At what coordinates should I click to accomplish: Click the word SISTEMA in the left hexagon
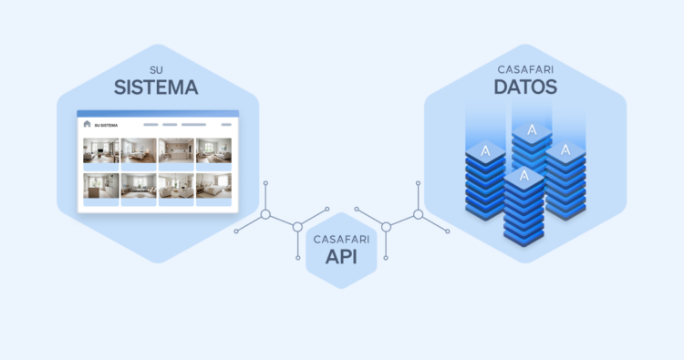click(156, 88)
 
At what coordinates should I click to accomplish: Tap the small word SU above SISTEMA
click(156, 69)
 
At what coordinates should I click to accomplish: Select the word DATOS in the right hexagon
click(526, 87)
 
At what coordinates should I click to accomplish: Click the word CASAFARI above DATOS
click(526, 69)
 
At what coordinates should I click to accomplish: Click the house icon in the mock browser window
click(88, 124)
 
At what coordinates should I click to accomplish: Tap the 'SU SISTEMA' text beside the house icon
click(107, 125)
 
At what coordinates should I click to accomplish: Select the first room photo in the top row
click(100, 150)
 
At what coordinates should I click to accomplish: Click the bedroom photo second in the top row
click(139, 150)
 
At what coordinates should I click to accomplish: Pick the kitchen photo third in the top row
click(176, 150)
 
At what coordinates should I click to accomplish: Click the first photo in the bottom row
click(100, 186)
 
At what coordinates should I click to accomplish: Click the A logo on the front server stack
click(523, 176)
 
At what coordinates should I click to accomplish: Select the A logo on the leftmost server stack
click(486, 149)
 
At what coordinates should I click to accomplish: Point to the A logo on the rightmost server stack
click(565, 149)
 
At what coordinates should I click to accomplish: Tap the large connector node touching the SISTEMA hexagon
click(265, 215)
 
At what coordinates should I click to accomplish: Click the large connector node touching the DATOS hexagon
click(418, 215)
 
